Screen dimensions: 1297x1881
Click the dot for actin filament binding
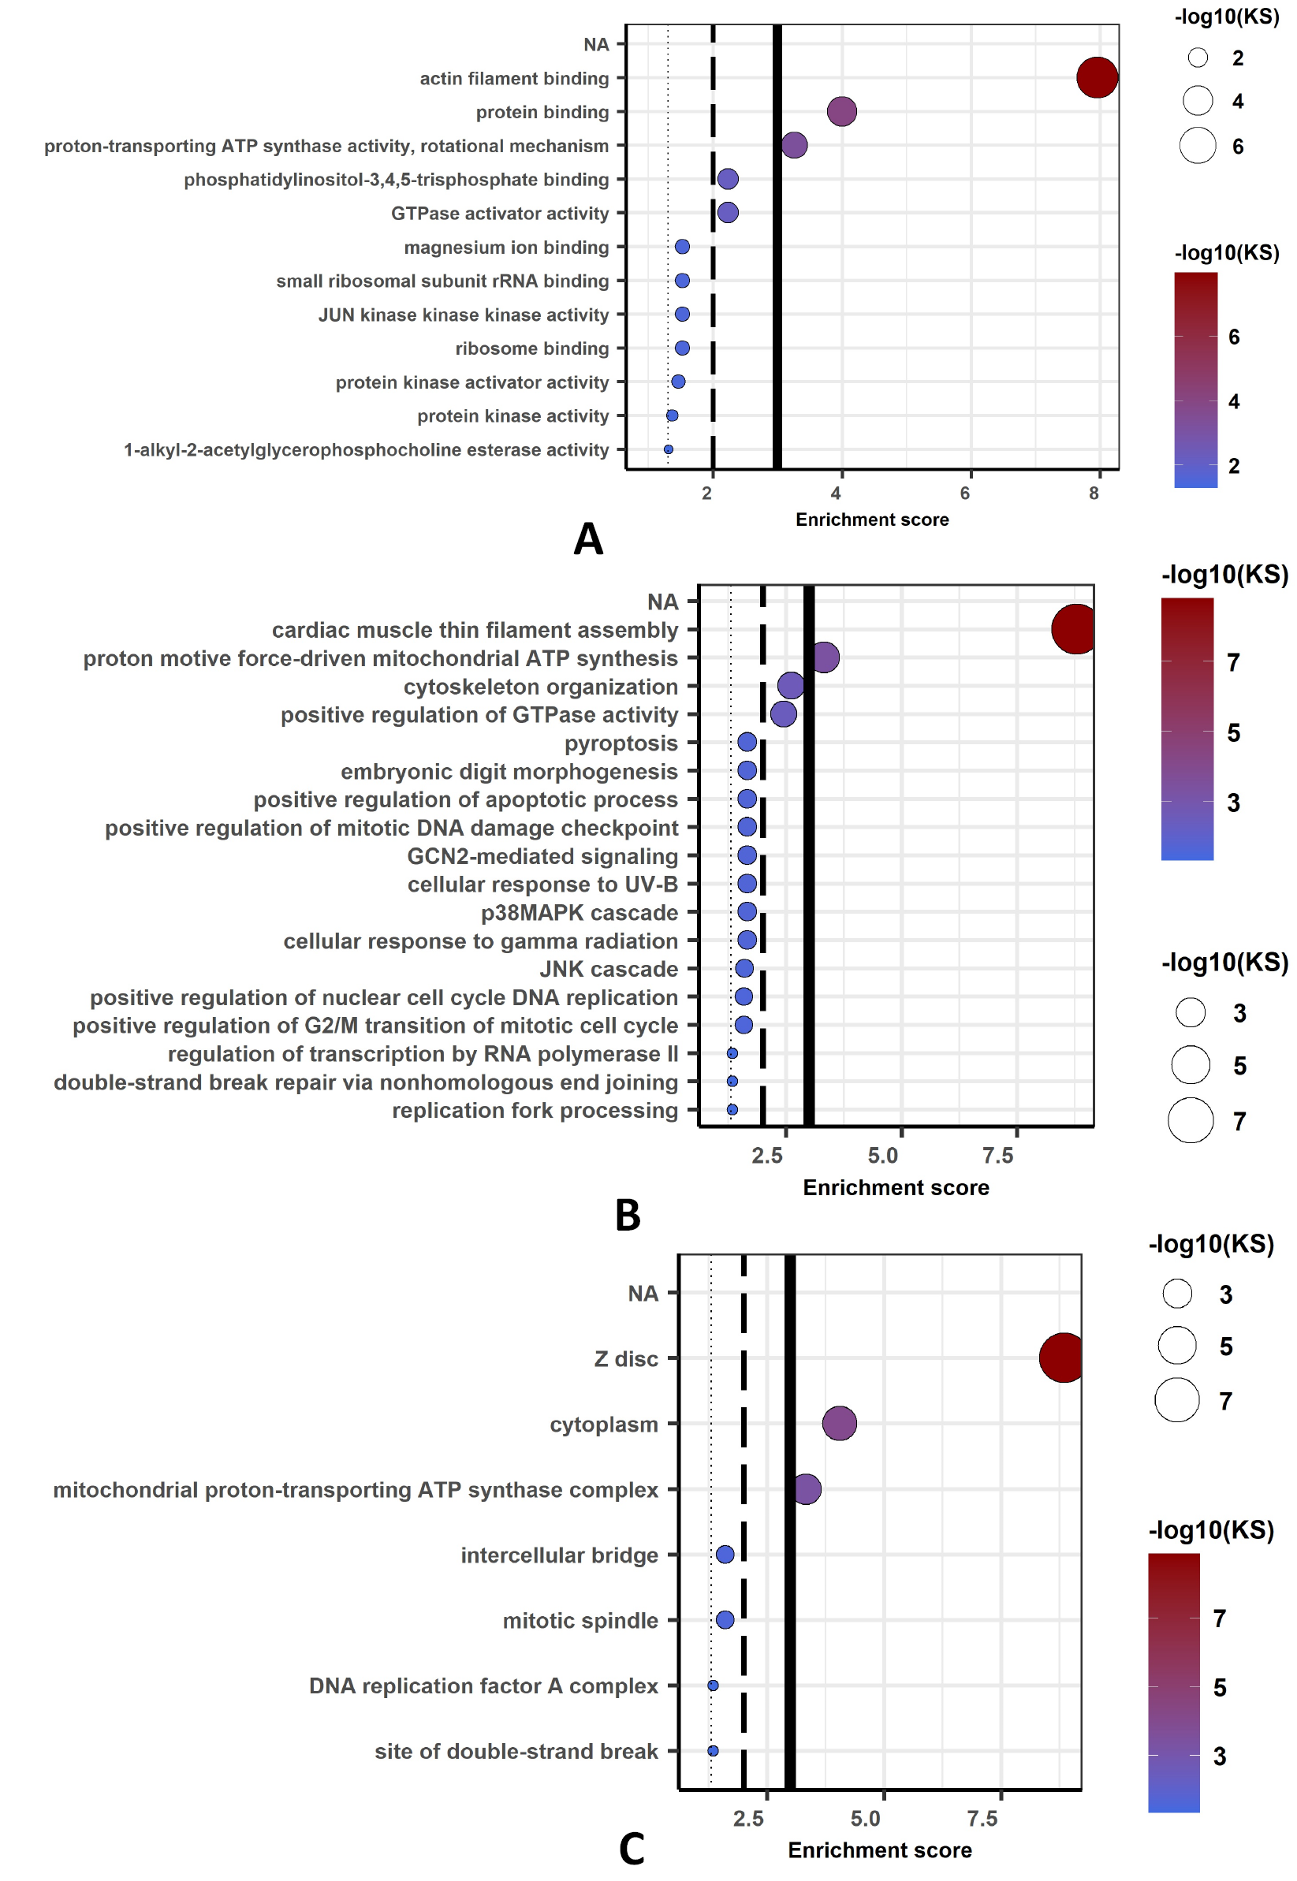point(1097,78)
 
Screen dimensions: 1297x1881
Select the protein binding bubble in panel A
point(842,111)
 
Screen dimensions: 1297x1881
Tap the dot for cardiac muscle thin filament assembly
point(1074,629)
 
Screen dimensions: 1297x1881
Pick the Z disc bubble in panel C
point(1061,1358)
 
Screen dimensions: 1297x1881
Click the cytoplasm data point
point(840,1424)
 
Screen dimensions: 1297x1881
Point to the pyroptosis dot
point(747,742)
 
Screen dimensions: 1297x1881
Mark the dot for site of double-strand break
point(713,1751)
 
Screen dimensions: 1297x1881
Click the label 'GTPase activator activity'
point(500,213)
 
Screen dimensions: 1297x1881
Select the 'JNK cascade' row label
point(609,969)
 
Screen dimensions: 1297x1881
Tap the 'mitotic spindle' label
point(580,1620)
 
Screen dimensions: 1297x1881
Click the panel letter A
point(588,538)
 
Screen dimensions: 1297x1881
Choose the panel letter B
point(628,1215)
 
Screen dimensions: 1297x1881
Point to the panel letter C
point(632,1849)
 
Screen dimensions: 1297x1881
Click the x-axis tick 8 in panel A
point(1094,493)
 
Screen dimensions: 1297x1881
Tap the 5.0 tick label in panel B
point(883,1156)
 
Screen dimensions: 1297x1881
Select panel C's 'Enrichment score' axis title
point(879,1850)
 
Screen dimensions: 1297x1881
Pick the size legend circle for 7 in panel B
point(1191,1120)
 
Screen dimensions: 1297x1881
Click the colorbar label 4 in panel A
point(1234,401)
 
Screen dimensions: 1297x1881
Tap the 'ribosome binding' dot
point(682,348)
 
